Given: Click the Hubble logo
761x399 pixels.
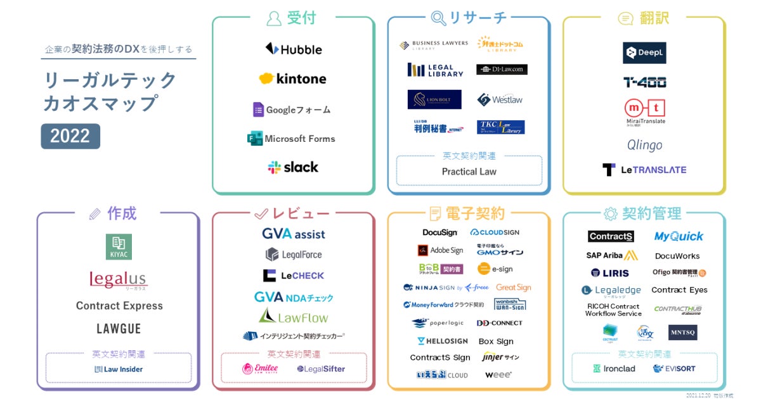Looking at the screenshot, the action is pos(293,49).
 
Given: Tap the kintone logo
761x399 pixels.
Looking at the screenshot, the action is pos(292,79).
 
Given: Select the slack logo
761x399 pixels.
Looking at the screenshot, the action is pos(293,167).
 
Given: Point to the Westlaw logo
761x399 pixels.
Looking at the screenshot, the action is pos(500,99).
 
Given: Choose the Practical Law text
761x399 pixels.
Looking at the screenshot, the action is pos(469,172).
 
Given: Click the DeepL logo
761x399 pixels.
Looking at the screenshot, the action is pos(644,53).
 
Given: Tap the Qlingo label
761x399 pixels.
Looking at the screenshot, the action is pos(644,145).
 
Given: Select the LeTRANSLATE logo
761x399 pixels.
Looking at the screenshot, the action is pos(644,170).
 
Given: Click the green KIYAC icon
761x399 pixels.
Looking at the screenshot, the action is pos(119,247).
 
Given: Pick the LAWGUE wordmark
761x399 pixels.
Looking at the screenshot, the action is pos(119,329).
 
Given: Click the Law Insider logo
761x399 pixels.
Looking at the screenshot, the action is pos(119,369).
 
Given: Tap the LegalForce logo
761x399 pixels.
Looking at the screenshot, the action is pos(293,255).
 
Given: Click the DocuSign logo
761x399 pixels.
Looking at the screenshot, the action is pos(439,233).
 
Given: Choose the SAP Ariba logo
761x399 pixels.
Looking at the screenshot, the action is pos(612,256).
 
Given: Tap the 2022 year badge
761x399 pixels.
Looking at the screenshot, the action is pos(70,136).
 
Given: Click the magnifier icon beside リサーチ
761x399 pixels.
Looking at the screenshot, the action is pos(438,17).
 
